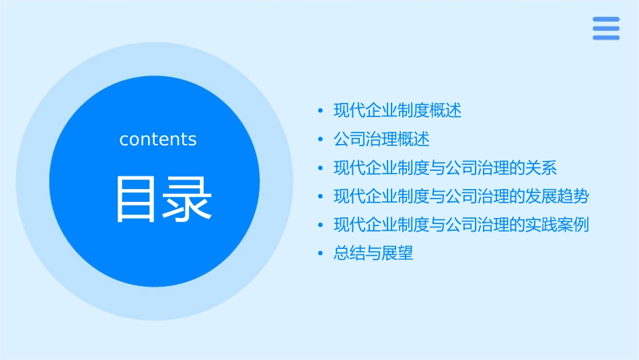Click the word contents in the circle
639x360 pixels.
point(158,139)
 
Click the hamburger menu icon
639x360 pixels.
point(606,28)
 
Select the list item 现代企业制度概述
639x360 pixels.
point(398,111)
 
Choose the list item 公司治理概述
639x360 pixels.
point(381,139)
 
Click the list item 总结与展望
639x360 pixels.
point(373,254)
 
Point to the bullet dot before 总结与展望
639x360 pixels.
point(321,254)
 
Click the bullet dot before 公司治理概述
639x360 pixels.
point(321,139)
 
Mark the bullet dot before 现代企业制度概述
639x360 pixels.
point(321,111)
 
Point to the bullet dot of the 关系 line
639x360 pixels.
point(321,168)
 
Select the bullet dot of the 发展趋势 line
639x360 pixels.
point(321,196)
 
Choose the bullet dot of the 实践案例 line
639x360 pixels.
point(321,225)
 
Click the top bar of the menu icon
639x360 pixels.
point(606,20)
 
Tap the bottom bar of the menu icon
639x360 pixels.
point(606,38)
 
